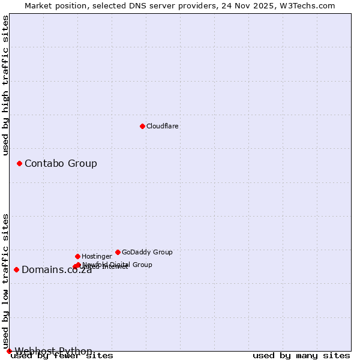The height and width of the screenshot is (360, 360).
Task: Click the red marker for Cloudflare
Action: pos(142,126)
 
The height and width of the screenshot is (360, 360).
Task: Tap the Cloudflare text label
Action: pos(162,126)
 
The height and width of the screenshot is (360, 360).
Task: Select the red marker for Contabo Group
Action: pos(19,163)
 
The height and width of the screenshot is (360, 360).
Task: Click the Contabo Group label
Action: pos(61,163)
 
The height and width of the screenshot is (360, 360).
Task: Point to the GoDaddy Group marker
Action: pos(118,252)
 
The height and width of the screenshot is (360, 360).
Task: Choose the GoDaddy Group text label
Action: pos(147,252)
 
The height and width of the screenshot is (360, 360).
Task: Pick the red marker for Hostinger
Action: pos(77,256)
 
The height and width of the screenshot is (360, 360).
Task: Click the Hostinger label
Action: pos(97,256)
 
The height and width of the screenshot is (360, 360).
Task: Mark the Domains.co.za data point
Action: pos(16,269)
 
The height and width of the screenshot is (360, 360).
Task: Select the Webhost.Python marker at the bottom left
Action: pos(9,351)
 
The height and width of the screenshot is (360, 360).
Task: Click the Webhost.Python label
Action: pos(53,351)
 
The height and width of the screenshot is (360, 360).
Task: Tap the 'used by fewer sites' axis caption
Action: pos(62,356)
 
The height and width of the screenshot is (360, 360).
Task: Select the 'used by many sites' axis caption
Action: pos(301,356)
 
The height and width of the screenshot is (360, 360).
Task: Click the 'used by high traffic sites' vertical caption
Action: pos(5,85)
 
